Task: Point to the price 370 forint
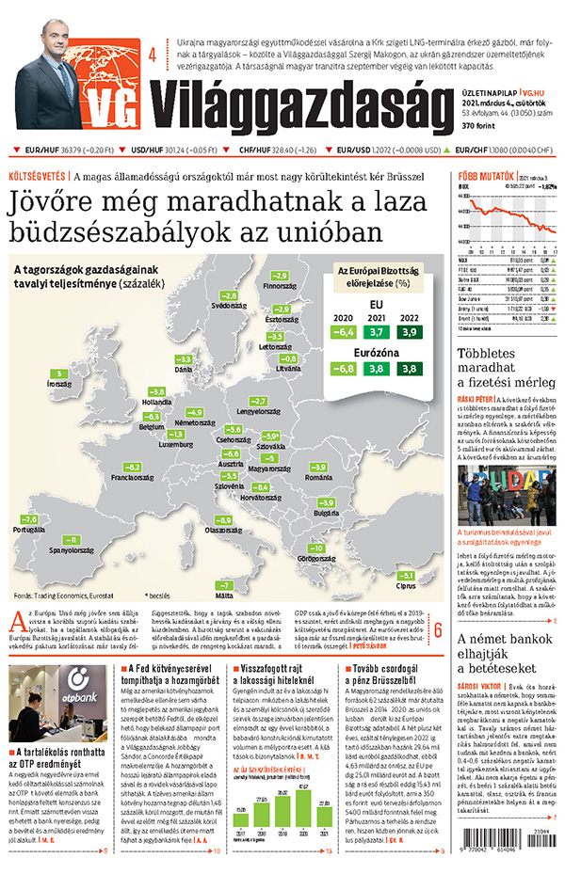pyautogui.click(x=481, y=126)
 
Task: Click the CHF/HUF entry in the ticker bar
pyautogui.click(x=279, y=150)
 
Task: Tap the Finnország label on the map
pyautogui.click(x=279, y=285)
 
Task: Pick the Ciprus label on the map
pyautogui.click(x=406, y=586)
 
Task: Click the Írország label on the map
pyautogui.click(x=57, y=385)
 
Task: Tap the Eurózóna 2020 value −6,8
pyautogui.click(x=344, y=369)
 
